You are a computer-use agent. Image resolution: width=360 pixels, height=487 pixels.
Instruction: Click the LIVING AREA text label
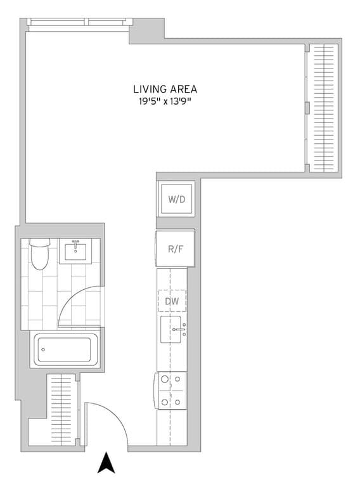[165, 89]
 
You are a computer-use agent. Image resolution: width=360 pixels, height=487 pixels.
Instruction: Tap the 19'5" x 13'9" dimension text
[165, 101]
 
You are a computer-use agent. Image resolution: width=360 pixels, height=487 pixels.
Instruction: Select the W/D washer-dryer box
[177, 200]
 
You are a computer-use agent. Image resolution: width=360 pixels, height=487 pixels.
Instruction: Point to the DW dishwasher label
[172, 301]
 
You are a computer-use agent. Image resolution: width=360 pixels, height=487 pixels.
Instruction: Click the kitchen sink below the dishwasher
[172, 330]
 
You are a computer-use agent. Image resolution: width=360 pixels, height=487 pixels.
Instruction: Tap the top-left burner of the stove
[165, 380]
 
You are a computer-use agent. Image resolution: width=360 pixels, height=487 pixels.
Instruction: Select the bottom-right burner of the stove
[178, 401]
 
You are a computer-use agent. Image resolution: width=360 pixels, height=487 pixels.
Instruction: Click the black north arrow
[105, 463]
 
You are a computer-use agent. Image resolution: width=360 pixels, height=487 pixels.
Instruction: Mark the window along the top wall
[77, 22]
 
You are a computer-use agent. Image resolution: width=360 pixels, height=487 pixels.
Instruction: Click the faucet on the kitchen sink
[181, 330]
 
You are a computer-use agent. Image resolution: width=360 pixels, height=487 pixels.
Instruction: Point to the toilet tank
[40, 243]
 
